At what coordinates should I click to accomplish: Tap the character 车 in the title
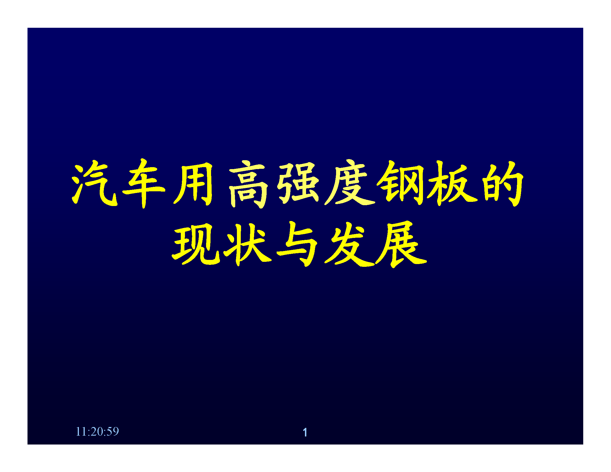point(144,184)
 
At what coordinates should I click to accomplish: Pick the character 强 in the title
point(298,183)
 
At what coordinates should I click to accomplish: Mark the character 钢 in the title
point(400,183)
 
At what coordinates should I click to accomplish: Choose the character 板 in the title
point(452,183)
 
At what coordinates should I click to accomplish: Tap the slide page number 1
point(305,432)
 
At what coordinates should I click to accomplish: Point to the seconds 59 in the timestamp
point(113,431)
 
